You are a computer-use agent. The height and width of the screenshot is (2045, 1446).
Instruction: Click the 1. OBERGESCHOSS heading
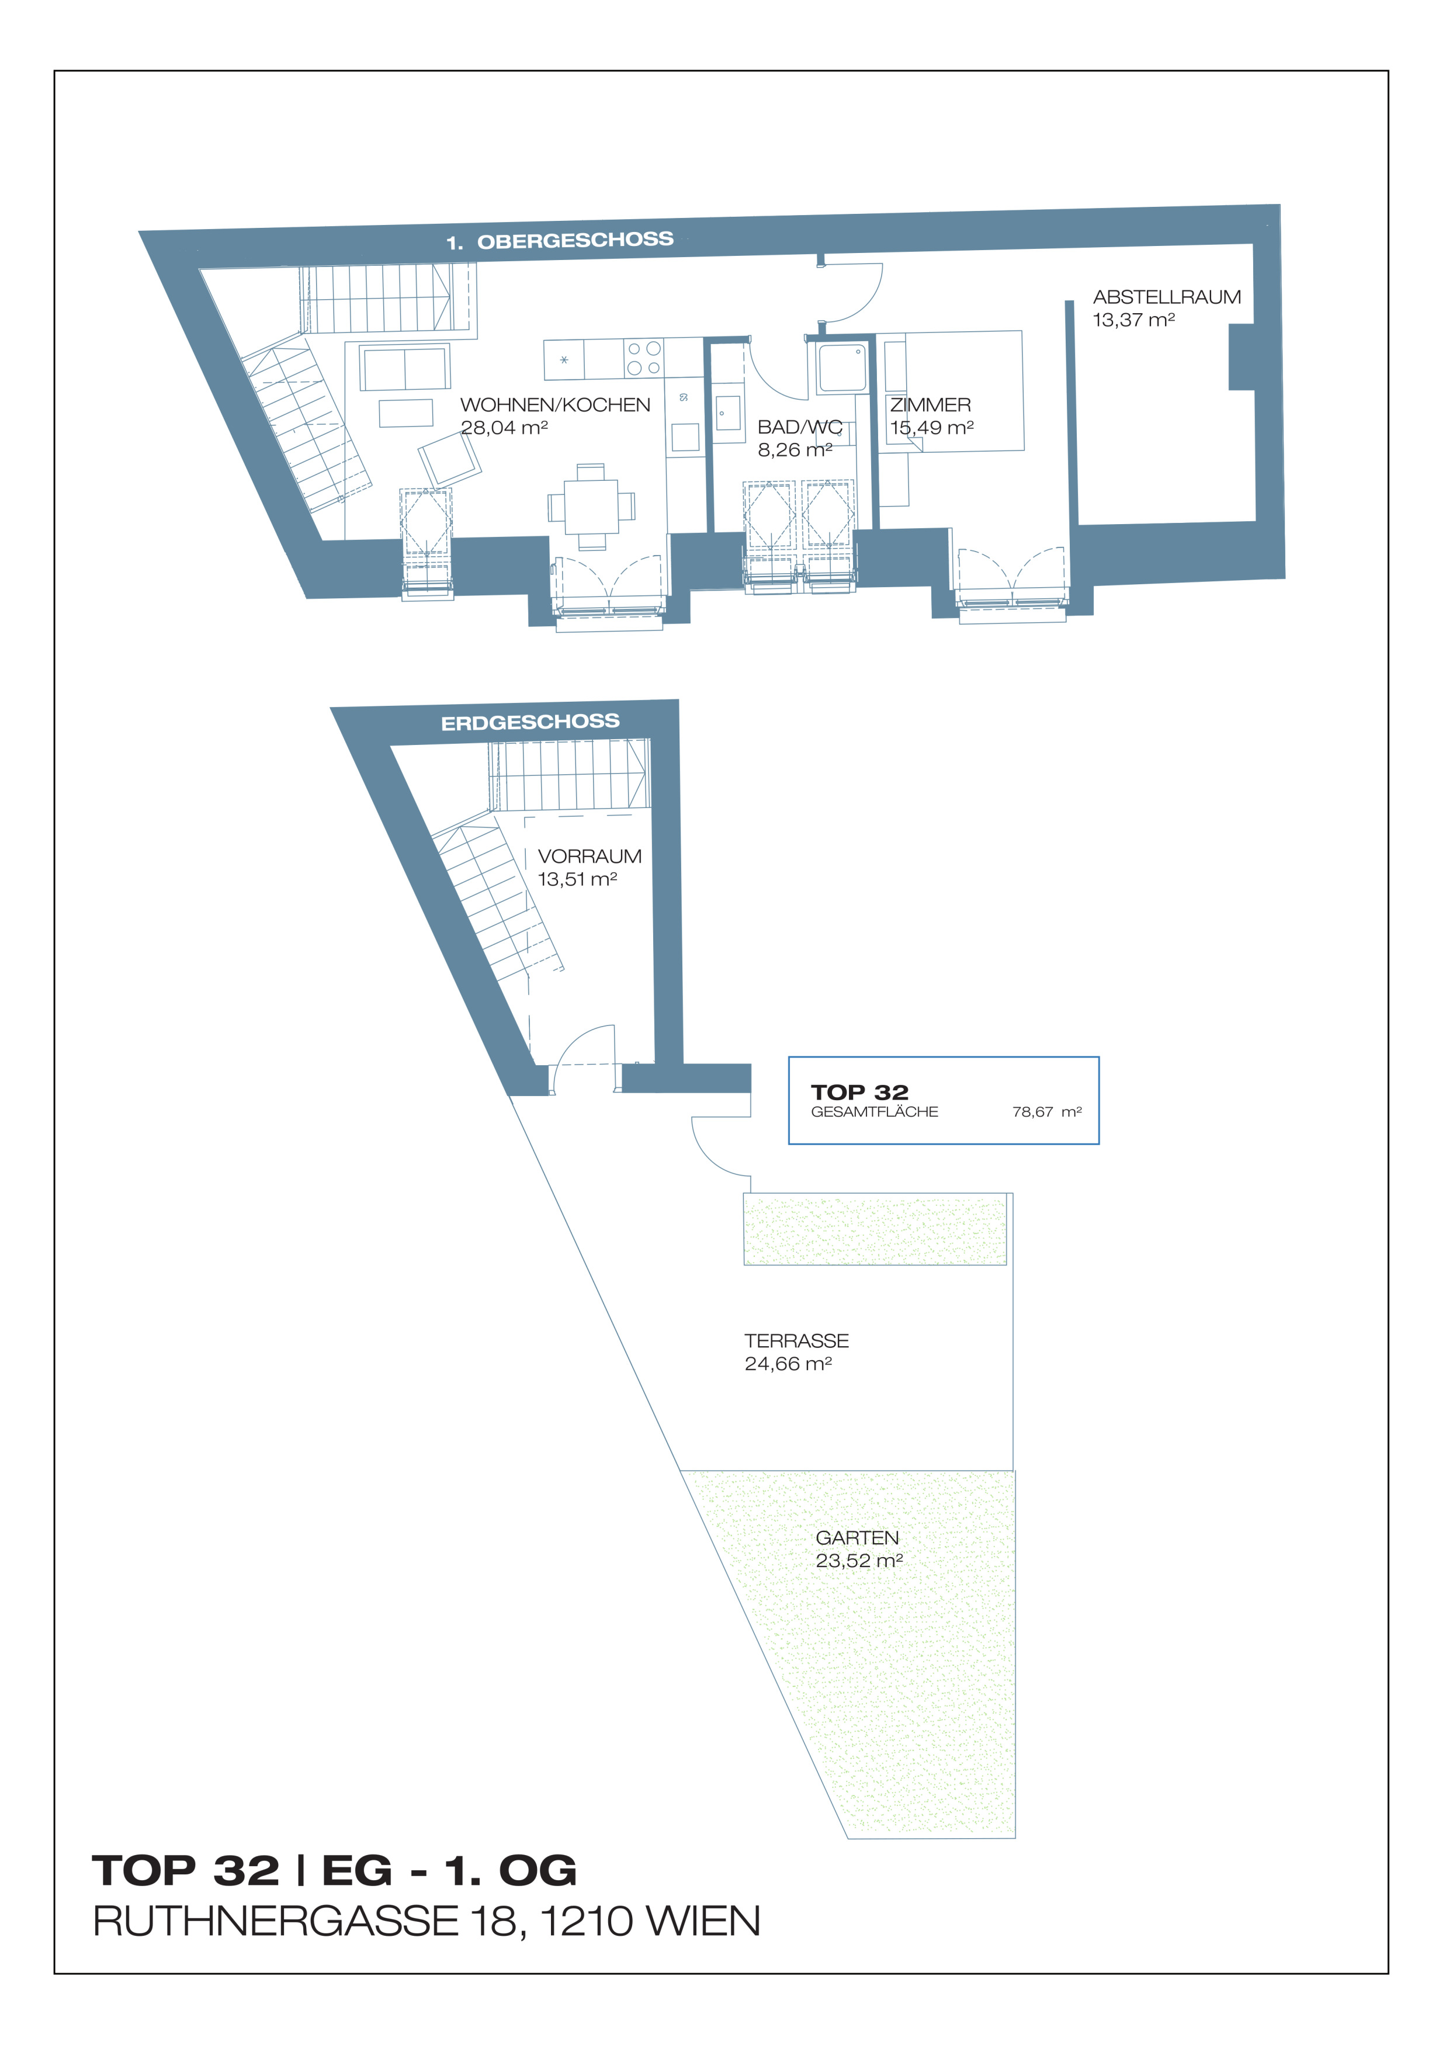click(x=560, y=241)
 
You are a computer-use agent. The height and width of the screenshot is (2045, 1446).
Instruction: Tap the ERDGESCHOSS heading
click(x=530, y=722)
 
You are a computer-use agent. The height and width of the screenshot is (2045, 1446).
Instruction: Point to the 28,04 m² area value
click(x=504, y=428)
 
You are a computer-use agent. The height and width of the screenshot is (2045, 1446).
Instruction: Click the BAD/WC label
click(x=800, y=428)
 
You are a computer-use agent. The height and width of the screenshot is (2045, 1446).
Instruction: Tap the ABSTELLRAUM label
click(x=1166, y=297)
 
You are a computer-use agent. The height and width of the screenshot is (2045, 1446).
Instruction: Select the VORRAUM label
click(x=590, y=856)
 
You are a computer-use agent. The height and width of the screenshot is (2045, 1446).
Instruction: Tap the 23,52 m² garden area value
click(x=859, y=1561)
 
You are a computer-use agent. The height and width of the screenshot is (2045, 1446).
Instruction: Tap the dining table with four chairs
click(x=591, y=507)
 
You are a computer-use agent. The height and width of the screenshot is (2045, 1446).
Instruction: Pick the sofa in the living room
click(x=404, y=367)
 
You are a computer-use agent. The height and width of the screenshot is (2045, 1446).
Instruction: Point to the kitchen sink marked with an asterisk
click(x=564, y=360)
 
